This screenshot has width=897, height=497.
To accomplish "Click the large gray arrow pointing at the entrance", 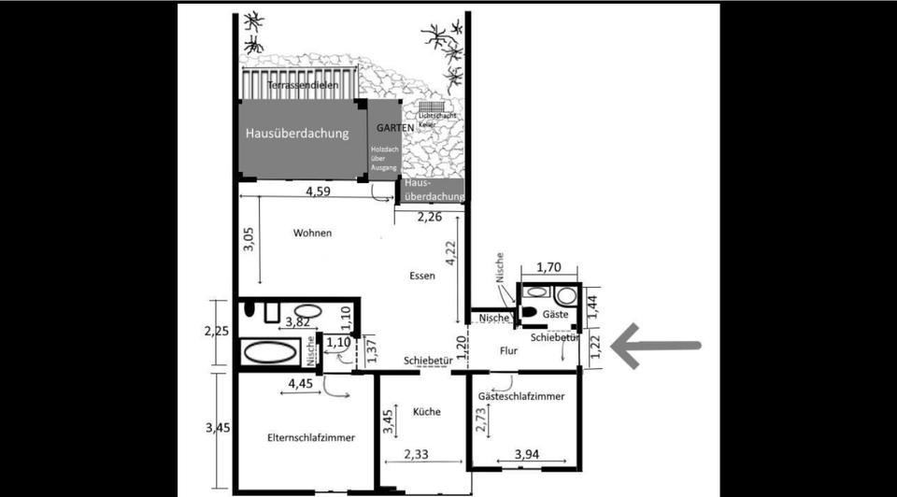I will pos(654,346).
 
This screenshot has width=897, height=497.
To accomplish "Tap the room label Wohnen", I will pos(312,233).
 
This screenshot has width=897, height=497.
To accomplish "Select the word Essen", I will pos(422,276).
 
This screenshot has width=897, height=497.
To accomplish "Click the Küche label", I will pos(424,412).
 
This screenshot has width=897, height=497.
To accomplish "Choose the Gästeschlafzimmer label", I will pos(521,397).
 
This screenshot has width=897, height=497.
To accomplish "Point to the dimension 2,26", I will pos(429,218).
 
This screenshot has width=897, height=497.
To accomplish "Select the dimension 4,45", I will pos(301,384).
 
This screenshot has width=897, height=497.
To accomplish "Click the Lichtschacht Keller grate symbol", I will pos(429,108).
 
